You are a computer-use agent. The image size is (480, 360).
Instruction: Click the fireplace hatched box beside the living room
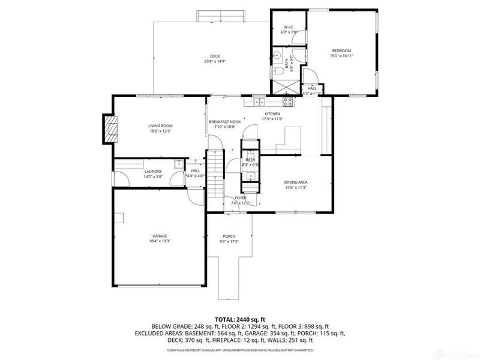click(x=111, y=128)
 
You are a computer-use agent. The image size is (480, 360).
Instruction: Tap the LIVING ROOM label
click(x=160, y=126)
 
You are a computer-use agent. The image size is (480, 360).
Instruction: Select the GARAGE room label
click(x=160, y=236)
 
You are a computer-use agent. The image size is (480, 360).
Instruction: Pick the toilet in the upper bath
click(x=280, y=73)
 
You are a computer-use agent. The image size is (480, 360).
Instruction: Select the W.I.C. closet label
click(x=288, y=26)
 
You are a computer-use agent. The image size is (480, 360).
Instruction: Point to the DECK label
click(x=214, y=56)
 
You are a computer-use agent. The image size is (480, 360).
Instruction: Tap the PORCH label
click(x=229, y=236)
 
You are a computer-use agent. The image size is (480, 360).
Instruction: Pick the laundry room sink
click(x=178, y=164)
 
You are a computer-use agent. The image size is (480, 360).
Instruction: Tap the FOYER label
click(x=241, y=197)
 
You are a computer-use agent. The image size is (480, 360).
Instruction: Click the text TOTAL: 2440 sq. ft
click(x=240, y=319)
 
